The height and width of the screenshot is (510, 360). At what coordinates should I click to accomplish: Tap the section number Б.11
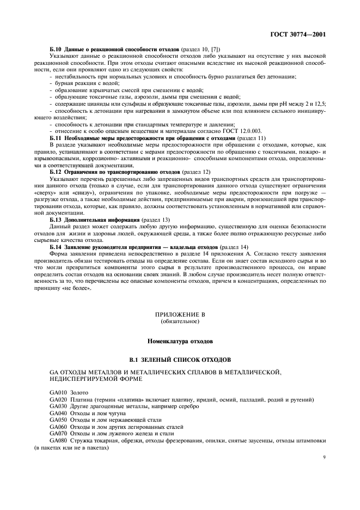[x=56, y=124]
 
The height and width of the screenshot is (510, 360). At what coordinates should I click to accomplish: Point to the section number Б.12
[x=56, y=172]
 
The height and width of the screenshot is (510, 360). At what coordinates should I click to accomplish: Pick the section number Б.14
[x=56, y=247]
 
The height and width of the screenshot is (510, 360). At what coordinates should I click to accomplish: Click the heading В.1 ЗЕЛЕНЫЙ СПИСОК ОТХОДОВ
[x=180, y=360]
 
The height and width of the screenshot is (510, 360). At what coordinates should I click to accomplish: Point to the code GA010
[x=58, y=393]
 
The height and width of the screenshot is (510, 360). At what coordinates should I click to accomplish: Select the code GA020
[x=58, y=400]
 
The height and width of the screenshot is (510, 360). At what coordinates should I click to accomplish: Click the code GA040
[x=58, y=414]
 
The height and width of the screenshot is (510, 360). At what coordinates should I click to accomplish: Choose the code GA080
[x=58, y=440]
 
